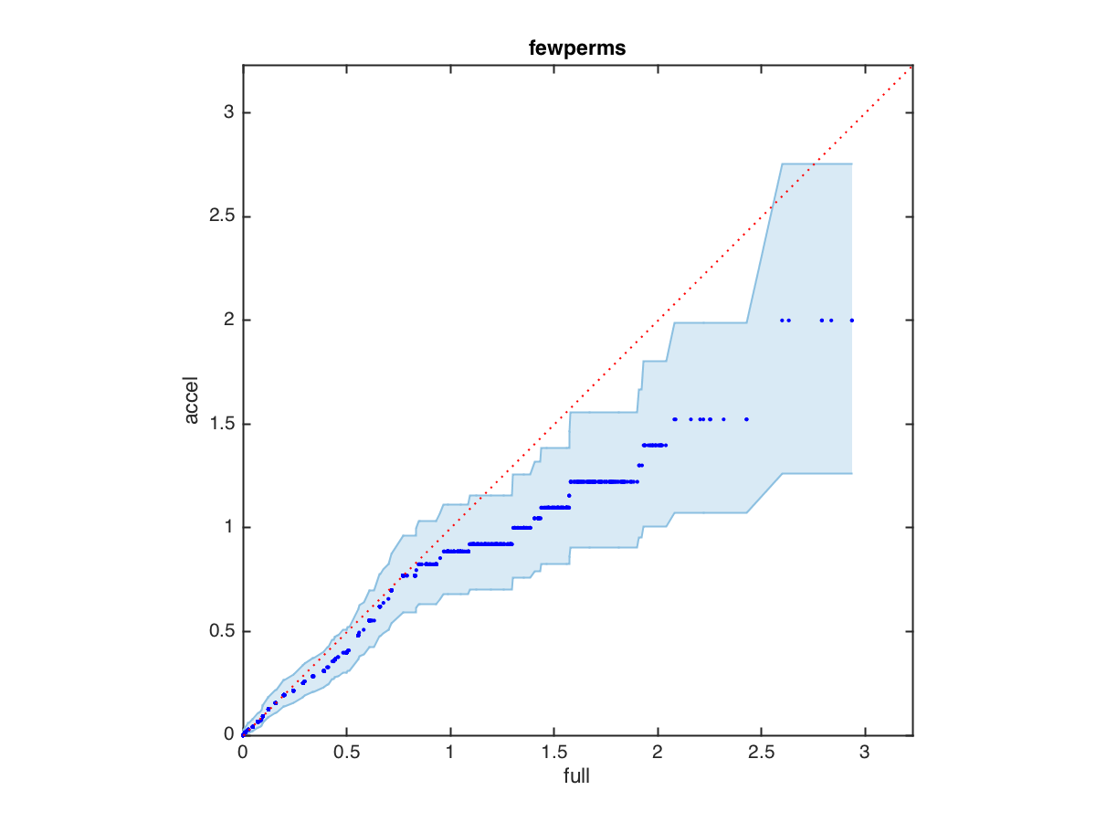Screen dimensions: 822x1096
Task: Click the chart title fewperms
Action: click(577, 50)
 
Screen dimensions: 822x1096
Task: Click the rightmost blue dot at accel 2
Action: click(852, 321)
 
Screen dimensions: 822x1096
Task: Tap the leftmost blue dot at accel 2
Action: click(782, 321)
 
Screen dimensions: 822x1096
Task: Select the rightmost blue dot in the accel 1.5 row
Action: click(746, 419)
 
